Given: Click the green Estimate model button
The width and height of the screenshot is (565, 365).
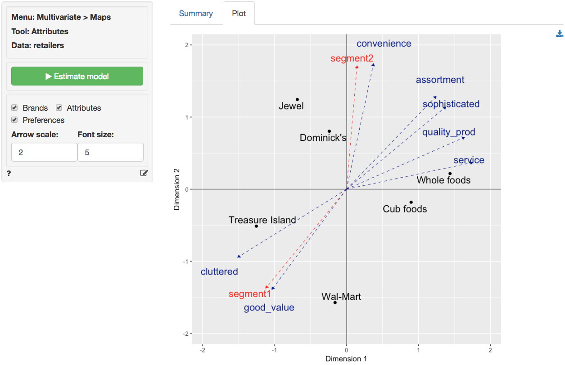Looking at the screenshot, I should tap(77, 76).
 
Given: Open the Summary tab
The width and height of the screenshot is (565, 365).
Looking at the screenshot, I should tap(196, 14).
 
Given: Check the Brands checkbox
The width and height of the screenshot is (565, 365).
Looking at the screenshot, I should tap(14, 108).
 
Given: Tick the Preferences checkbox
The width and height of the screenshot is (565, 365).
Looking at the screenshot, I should tap(14, 120).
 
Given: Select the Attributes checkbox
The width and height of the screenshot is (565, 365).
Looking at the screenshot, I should tap(59, 108).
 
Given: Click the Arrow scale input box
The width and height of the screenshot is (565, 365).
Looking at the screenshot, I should tap(44, 152).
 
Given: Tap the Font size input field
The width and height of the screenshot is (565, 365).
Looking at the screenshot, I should tap(110, 152).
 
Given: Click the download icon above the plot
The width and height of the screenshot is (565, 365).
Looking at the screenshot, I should tap(560, 34).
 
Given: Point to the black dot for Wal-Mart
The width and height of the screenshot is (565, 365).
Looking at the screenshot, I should tap(335, 302).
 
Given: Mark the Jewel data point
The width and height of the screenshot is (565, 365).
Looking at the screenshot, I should tap(297, 99).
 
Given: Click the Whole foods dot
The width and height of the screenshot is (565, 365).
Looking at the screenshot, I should tap(450, 174).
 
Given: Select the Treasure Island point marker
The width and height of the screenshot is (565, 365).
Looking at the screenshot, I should tap(256, 226).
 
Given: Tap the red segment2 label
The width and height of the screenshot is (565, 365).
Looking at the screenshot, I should tap(352, 59).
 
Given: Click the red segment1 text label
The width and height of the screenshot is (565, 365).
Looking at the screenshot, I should tap(250, 294).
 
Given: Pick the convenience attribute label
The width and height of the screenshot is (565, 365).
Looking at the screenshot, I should tap(384, 44).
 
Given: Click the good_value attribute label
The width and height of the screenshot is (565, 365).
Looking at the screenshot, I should tap(269, 308).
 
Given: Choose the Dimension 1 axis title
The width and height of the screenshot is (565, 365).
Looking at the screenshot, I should tap(346, 359).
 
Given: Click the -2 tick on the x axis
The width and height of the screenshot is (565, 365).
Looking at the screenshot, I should tap(203, 350).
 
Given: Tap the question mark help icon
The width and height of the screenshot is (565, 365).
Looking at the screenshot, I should tap(9, 173).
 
